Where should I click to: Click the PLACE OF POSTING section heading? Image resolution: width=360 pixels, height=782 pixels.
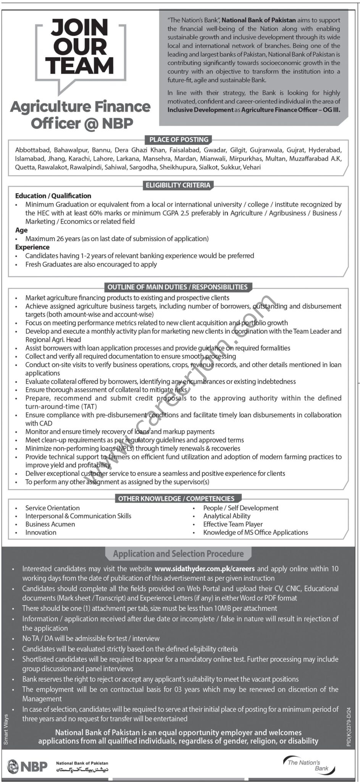(x=179, y=140)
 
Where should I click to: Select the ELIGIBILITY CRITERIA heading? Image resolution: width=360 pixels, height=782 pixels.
(x=178, y=185)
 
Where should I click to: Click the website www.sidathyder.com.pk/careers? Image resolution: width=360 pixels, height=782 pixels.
(x=205, y=569)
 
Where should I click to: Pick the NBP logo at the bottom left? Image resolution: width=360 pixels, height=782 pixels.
(x=27, y=766)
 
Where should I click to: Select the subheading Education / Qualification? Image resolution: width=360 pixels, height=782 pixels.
(x=53, y=196)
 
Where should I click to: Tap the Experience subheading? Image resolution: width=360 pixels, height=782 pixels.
(x=32, y=247)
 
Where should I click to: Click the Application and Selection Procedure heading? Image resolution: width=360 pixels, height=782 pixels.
(x=178, y=554)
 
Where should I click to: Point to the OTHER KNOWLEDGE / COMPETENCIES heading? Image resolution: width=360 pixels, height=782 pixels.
(x=176, y=499)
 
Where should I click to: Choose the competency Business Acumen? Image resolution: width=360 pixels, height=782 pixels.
(x=50, y=524)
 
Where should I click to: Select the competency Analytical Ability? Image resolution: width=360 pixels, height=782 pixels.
(x=227, y=516)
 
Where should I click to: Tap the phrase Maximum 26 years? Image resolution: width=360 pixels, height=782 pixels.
(x=53, y=239)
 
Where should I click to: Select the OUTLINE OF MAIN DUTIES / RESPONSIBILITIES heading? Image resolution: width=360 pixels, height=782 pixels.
(x=178, y=287)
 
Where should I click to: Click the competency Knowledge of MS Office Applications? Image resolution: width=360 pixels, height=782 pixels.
(x=255, y=532)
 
